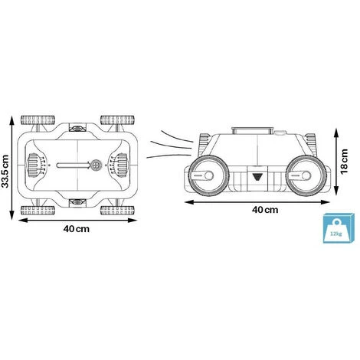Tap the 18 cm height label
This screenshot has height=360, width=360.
pyautogui.click(x=344, y=162)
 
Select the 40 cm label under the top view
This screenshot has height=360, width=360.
pyautogui.click(x=77, y=229)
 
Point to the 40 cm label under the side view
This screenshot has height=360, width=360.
pyautogui.click(x=265, y=210)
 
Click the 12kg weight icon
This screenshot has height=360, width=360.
pyautogui.click(x=339, y=228)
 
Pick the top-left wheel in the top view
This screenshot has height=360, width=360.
pyautogui.click(x=38, y=120)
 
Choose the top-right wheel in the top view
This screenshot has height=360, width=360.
pyautogui.click(x=117, y=120)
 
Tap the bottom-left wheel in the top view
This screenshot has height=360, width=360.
pyautogui.click(x=38, y=210)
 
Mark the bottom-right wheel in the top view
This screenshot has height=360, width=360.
pyautogui.click(x=117, y=210)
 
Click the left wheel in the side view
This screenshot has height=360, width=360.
pyautogui.click(x=208, y=175)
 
